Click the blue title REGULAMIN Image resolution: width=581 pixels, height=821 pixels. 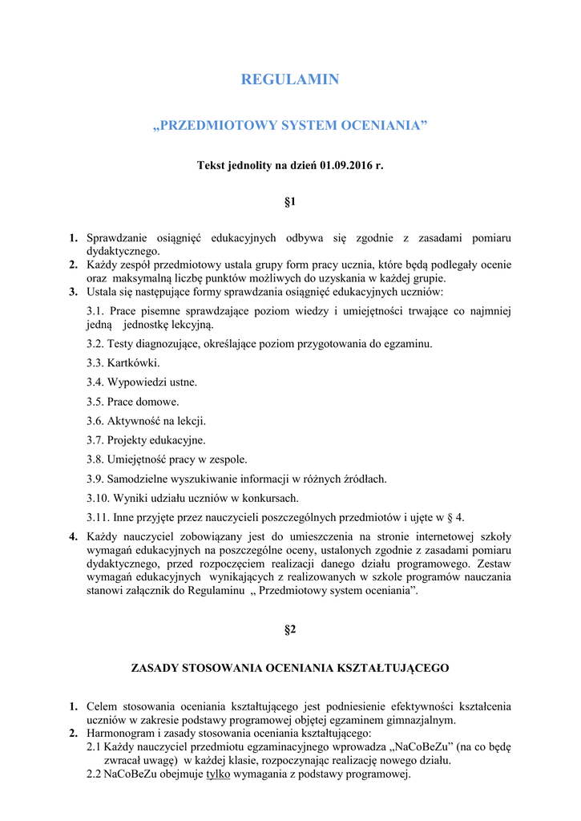(x=290, y=79)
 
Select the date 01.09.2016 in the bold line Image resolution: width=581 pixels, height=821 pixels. (x=348, y=166)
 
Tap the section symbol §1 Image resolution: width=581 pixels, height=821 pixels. (x=290, y=203)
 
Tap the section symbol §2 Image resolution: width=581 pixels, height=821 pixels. (x=290, y=630)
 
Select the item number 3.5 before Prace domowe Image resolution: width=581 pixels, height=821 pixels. (x=95, y=402)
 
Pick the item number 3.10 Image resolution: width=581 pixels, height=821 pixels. (x=97, y=498)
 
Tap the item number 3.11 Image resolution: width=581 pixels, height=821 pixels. (x=97, y=517)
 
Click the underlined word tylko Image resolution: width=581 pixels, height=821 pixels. (x=218, y=774)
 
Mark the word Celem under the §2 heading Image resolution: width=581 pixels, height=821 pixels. (x=102, y=706)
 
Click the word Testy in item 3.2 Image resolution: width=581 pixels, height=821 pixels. (x=120, y=344)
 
